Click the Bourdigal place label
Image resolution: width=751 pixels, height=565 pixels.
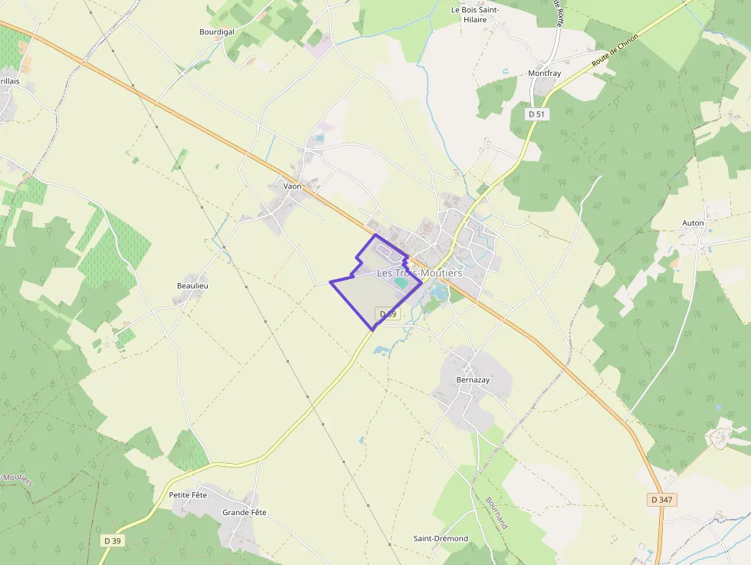tap(216, 32)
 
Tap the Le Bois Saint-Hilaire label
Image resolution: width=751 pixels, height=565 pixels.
tap(475, 15)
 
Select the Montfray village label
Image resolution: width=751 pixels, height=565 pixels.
tap(544, 74)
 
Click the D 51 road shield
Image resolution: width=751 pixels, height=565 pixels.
tap(537, 113)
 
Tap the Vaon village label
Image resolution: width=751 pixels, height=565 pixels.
tap(292, 186)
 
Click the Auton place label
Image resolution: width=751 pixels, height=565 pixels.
tap(693, 223)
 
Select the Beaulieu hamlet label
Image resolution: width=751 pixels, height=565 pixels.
tap(192, 286)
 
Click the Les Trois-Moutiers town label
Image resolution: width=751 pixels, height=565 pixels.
tap(419, 273)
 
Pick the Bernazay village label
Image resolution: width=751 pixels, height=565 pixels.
tap(472, 379)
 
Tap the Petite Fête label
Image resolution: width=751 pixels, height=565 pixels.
tap(188, 495)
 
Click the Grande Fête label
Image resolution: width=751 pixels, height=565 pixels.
tap(244, 512)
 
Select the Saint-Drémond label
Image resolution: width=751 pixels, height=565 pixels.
tap(441, 538)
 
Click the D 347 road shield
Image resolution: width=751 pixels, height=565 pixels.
tap(663, 500)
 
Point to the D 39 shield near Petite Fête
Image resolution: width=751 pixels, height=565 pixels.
tap(112, 540)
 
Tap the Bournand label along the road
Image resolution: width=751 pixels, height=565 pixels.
tap(497, 513)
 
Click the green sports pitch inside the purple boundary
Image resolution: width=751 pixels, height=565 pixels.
tap(402, 284)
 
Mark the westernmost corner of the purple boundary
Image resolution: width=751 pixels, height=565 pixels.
tap(330, 282)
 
